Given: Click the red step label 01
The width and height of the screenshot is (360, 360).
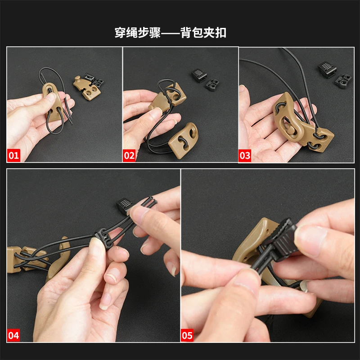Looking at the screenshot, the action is pyautogui.click(x=13, y=155).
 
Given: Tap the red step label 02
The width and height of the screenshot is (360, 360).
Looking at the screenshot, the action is pyautogui.click(x=129, y=155).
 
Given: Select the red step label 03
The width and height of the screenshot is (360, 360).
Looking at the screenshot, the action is pyautogui.click(x=245, y=155).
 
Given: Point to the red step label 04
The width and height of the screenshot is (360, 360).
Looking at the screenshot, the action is pyautogui.click(x=13, y=335).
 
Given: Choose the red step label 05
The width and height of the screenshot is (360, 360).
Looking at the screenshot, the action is pyautogui.click(x=187, y=335).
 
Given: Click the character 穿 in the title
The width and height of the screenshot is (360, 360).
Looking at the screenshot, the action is pyautogui.click(x=120, y=32).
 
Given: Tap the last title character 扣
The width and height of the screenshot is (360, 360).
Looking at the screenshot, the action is pyautogui.click(x=220, y=32).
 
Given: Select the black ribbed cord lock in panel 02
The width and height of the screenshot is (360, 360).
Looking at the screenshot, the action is pyautogui.click(x=199, y=75).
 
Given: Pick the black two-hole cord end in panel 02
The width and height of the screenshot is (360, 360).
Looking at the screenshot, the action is pyautogui.click(x=212, y=85).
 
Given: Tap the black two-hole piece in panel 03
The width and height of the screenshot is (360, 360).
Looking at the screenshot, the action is pyautogui.click(x=343, y=81).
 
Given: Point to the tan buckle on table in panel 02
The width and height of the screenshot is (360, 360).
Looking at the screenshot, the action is pyautogui.click(x=183, y=140).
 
